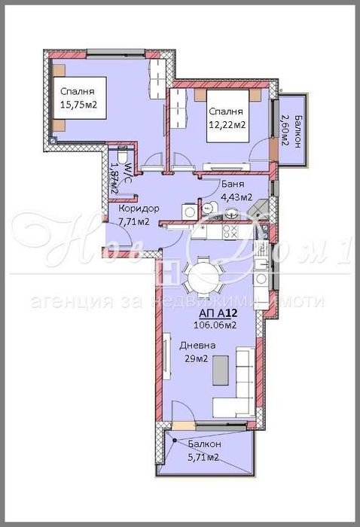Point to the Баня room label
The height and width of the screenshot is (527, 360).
click(x=231, y=183)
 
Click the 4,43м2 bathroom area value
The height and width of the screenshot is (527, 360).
click(x=235, y=198)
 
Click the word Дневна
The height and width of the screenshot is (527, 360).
click(x=197, y=346)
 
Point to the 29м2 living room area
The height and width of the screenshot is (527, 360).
click(x=197, y=358)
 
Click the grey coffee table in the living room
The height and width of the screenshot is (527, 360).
click(x=219, y=368)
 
